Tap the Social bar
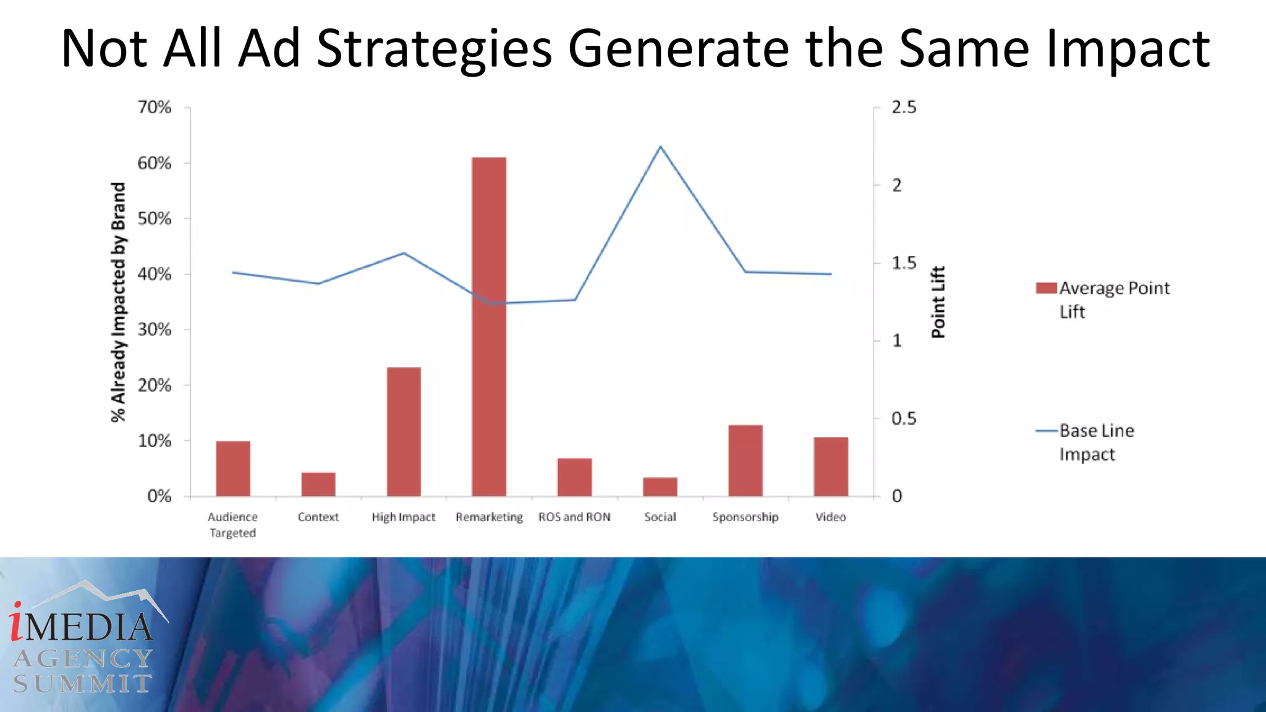(x=660, y=486)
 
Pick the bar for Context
(x=318, y=484)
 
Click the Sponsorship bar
(x=746, y=460)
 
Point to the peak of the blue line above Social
(x=660, y=147)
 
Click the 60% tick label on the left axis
(x=154, y=163)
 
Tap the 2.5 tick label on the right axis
(x=904, y=108)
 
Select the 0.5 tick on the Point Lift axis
(x=904, y=419)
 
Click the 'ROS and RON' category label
(x=574, y=517)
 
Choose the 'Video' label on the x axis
(x=830, y=517)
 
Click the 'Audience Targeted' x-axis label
(x=232, y=525)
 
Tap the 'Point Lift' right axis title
(x=938, y=302)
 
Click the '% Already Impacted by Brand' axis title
(x=118, y=302)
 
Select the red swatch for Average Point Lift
(x=1046, y=288)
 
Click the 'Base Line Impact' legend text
(x=1097, y=443)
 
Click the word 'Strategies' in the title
(x=434, y=48)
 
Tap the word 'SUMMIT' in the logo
(x=82, y=684)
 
